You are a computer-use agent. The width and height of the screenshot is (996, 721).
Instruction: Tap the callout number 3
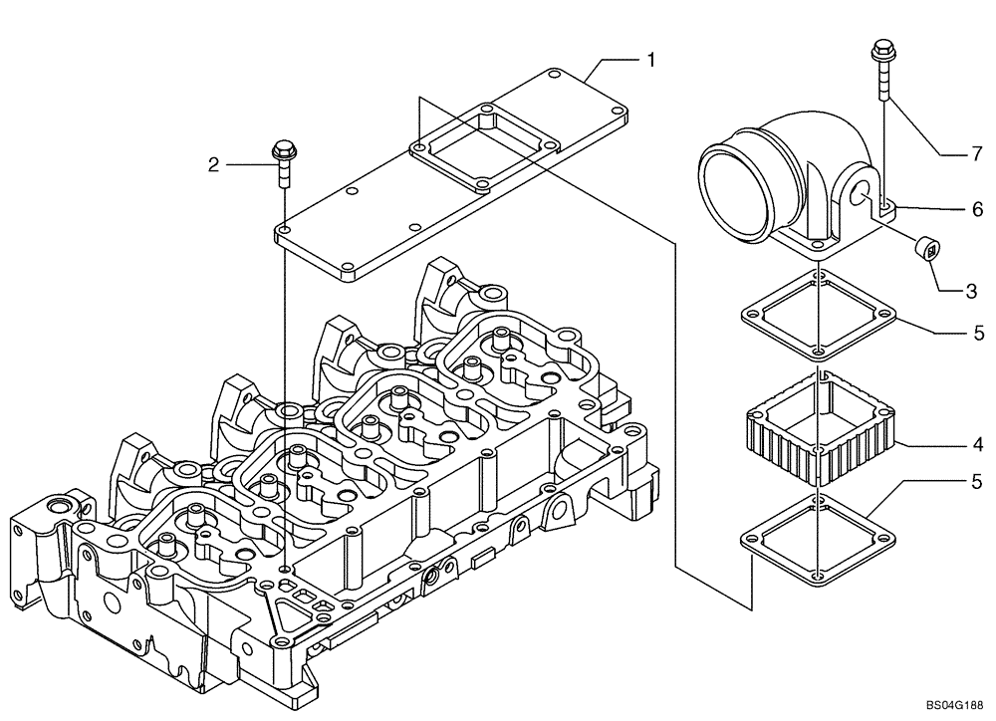[970, 292]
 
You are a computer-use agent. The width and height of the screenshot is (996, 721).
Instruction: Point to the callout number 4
[978, 443]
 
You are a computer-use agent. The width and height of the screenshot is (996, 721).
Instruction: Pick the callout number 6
[977, 209]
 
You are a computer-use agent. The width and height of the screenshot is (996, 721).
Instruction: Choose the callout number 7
[978, 154]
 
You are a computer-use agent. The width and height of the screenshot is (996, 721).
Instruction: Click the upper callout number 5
[978, 333]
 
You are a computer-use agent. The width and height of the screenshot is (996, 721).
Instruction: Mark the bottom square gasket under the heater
[816, 536]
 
